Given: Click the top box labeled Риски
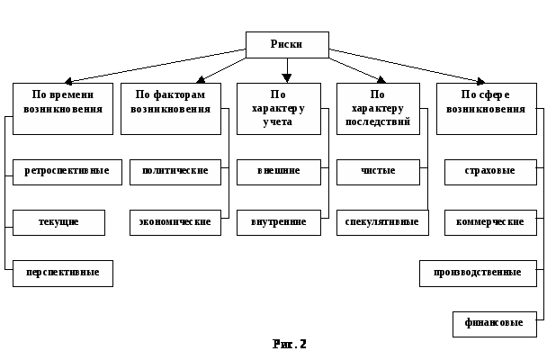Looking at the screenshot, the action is pos(287,44).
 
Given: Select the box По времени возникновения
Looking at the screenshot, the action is pos(63,108).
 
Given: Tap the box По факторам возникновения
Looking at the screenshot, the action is pos(171,108).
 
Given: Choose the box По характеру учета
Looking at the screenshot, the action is pos(278,108).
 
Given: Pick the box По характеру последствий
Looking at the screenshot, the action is pos(378,108).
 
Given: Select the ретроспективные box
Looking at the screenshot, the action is pos(67,171).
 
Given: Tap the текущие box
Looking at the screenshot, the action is pos(58,222).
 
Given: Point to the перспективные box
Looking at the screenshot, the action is pos(63,273).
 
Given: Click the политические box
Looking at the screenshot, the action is pos(175,171).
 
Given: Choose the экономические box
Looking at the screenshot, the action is pos(175,222).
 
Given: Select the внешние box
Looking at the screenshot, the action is pos(278,171).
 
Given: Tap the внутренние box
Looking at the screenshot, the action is pos(278,222).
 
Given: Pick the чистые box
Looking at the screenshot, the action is pos(378,171).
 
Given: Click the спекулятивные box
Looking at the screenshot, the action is pos(382,222).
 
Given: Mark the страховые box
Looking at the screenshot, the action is pos(490,171).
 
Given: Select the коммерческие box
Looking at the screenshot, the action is pos(490,222).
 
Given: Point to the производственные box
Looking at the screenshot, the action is pos(478,273).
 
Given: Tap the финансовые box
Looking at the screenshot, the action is pos(495,323).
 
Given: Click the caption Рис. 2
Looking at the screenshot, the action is pos(290,344).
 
